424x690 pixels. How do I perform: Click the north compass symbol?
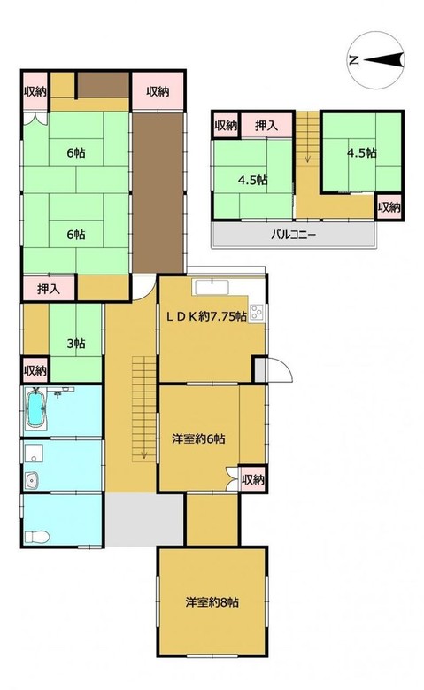[376, 60]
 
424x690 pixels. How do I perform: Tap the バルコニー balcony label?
[292, 235]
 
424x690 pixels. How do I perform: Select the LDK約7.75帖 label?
[206, 316]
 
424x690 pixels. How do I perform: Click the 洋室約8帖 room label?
[212, 602]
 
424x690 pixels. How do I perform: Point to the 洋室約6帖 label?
[198, 438]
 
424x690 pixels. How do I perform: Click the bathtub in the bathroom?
[35, 410]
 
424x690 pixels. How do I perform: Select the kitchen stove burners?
[257, 312]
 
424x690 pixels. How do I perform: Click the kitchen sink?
[212, 287]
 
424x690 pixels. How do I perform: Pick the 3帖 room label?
[76, 344]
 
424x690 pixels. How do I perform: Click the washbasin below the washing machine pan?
[32, 480]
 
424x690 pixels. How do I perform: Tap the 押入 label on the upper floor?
[266, 126]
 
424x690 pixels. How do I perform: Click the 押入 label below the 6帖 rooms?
[49, 289]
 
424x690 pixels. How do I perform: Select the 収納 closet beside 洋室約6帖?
[253, 479]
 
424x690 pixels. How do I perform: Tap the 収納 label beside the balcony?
[389, 207]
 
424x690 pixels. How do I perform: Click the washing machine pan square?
[34, 453]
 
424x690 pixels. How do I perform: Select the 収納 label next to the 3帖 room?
[35, 370]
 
